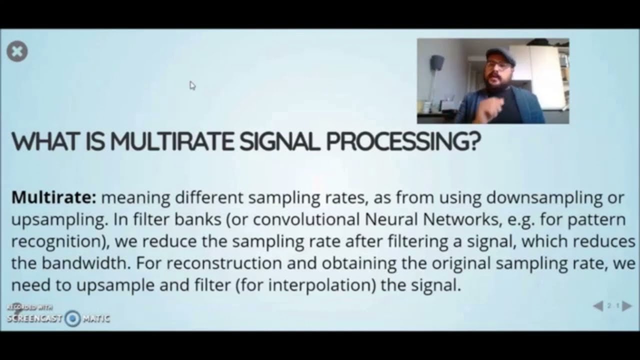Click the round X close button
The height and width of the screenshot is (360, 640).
(17, 51)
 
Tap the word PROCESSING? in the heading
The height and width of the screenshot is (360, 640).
(403, 142)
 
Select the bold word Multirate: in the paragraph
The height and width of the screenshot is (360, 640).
(53, 197)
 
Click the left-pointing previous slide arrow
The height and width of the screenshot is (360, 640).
(598, 306)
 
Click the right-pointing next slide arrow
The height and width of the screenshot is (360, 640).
(627, 306)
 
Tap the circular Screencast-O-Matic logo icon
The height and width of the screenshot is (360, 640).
(73, 318)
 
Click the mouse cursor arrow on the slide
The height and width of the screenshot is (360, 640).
(192, 85)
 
